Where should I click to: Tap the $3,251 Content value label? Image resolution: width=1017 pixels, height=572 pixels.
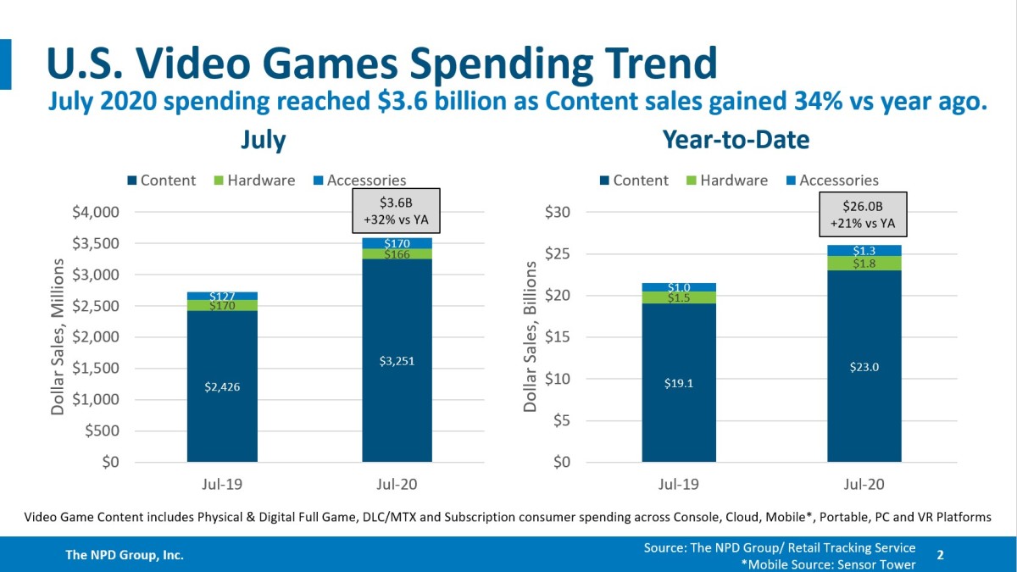[396, 362]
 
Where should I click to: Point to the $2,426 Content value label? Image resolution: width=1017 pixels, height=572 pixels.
[222, 386]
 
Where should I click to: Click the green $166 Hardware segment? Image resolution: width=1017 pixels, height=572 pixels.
[396, 254]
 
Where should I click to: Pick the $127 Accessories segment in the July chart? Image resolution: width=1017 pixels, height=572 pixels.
[222, 296]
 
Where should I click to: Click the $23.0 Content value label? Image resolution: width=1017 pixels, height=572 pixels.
[865, 366]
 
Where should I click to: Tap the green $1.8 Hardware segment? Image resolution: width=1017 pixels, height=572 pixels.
[865, 264]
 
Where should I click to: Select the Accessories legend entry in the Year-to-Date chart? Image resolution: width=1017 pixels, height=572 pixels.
[831, 180]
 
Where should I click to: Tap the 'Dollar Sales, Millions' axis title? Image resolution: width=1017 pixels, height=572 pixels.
[58, 336]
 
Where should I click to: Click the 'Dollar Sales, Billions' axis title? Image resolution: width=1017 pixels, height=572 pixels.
[531, 336]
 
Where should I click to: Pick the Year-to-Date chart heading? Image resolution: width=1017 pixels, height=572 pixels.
[736, 140]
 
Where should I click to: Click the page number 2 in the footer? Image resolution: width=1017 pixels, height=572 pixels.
[940, 554]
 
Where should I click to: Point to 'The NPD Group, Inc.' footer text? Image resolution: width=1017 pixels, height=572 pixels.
[125, 555]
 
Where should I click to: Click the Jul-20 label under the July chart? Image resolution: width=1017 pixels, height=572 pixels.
[396, 485]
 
